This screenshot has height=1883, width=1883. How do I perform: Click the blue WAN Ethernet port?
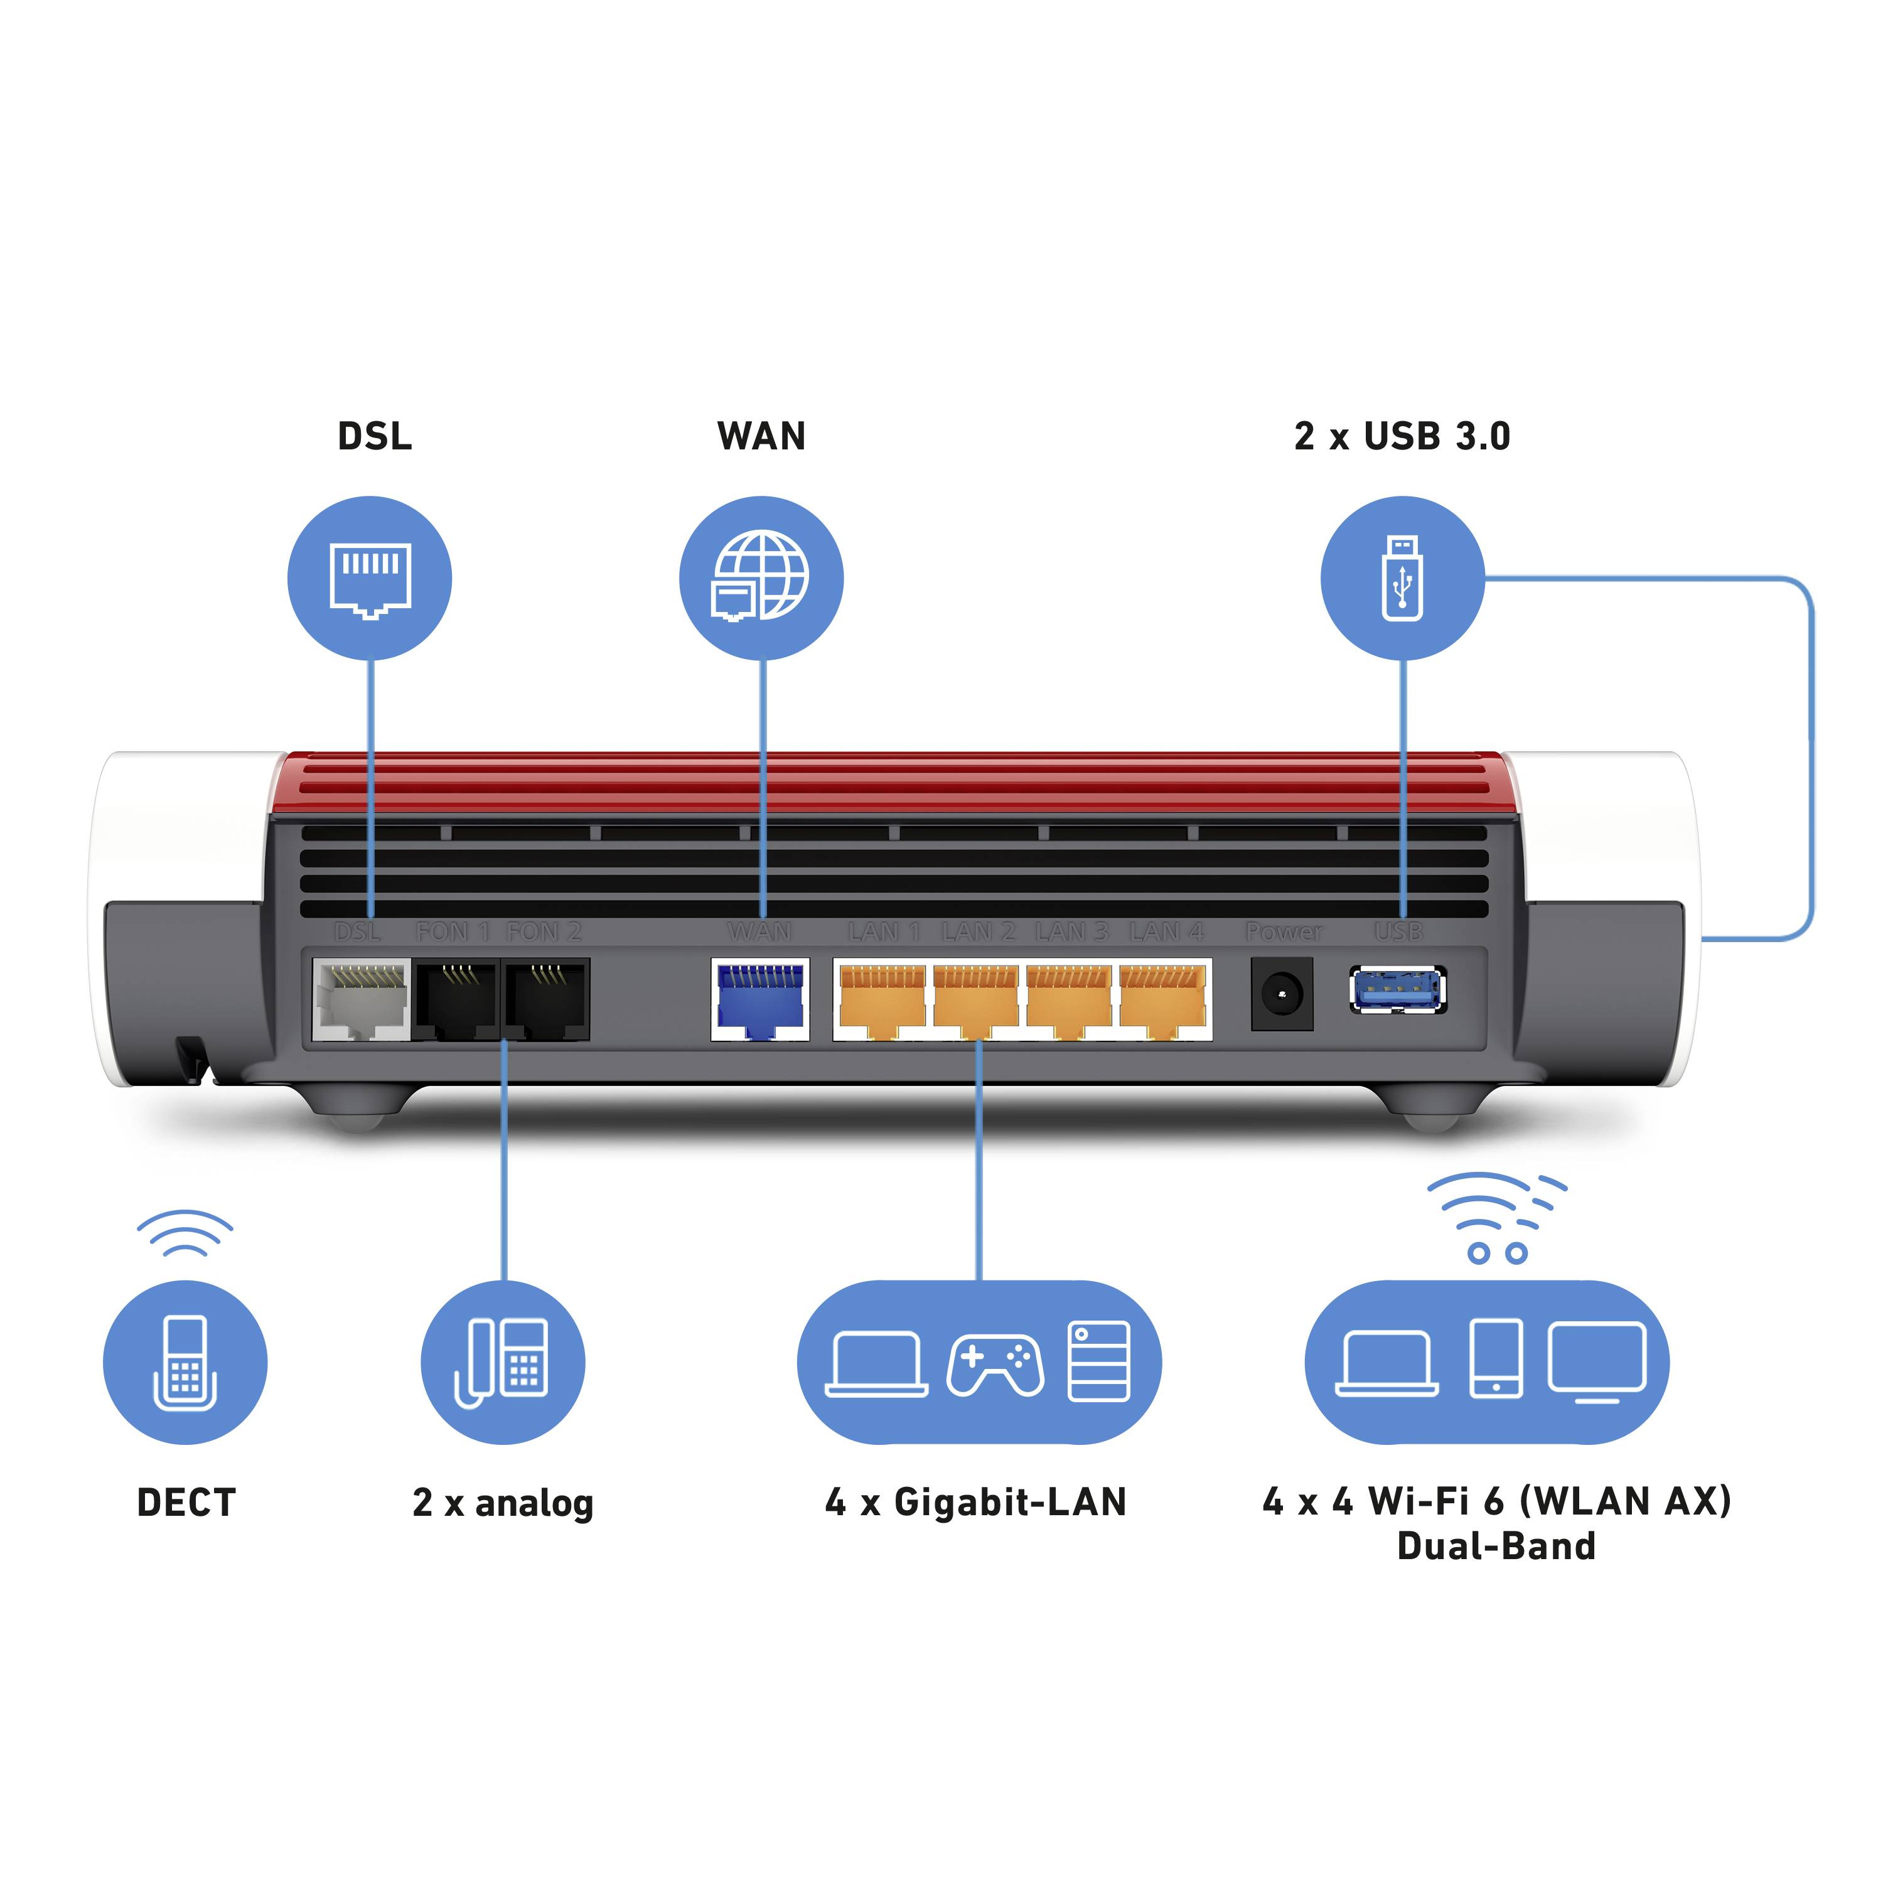coord(760,999)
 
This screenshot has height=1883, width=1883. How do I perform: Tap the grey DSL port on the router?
coord(361,999)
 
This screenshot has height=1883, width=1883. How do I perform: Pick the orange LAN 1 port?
coord(882,999)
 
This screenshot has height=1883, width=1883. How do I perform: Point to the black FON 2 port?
coord(547,999)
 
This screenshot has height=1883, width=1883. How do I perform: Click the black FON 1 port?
coord(456,999)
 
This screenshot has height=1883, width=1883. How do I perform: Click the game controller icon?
coord(995,1365)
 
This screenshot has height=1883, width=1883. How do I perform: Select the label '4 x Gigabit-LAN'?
coord(975,1502)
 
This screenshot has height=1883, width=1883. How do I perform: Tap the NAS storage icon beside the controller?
coord(1098,1361)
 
